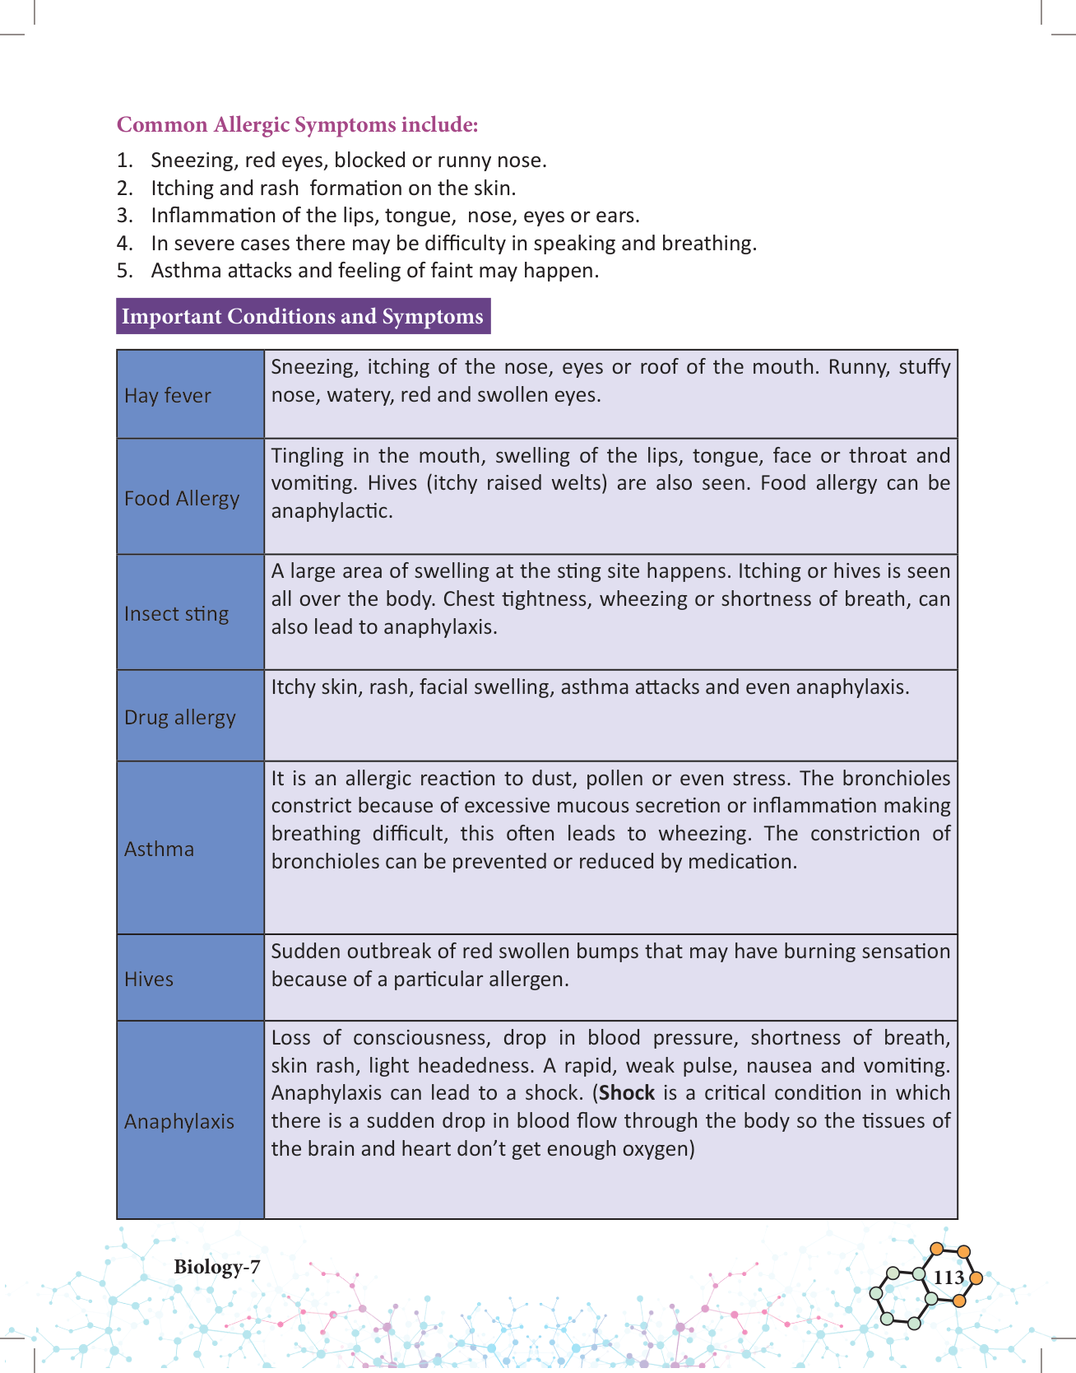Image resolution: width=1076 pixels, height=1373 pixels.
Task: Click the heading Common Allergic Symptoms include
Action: [x=297, y=124]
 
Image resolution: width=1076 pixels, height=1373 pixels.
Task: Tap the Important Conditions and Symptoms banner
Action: [x=303, y=316]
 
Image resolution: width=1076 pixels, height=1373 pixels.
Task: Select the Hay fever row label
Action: [x=168, y=395]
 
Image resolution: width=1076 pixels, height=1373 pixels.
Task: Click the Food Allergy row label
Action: [x=182, y=498]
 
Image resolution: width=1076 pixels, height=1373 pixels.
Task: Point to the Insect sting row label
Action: [x=176, y=613]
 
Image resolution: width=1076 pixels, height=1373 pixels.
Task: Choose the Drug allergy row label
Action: [x=179, y=717]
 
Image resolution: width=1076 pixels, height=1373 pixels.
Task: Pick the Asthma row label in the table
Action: [x=159, y=849]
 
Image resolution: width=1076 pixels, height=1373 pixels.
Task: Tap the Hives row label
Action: [x=149, y=979]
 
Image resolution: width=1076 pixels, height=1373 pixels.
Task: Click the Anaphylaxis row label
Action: [x=179, y=1121]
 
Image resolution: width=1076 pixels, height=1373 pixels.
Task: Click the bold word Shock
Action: [x=627, y=1093]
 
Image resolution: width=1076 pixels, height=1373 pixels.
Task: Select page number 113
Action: [x=948, y=1278]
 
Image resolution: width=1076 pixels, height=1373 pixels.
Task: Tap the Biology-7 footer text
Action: [x=216, y=1267]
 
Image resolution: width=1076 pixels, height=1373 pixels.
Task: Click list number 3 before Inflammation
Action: [x=123, y=216]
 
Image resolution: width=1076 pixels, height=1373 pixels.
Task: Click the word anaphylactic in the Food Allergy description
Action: [x=332, y=510]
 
